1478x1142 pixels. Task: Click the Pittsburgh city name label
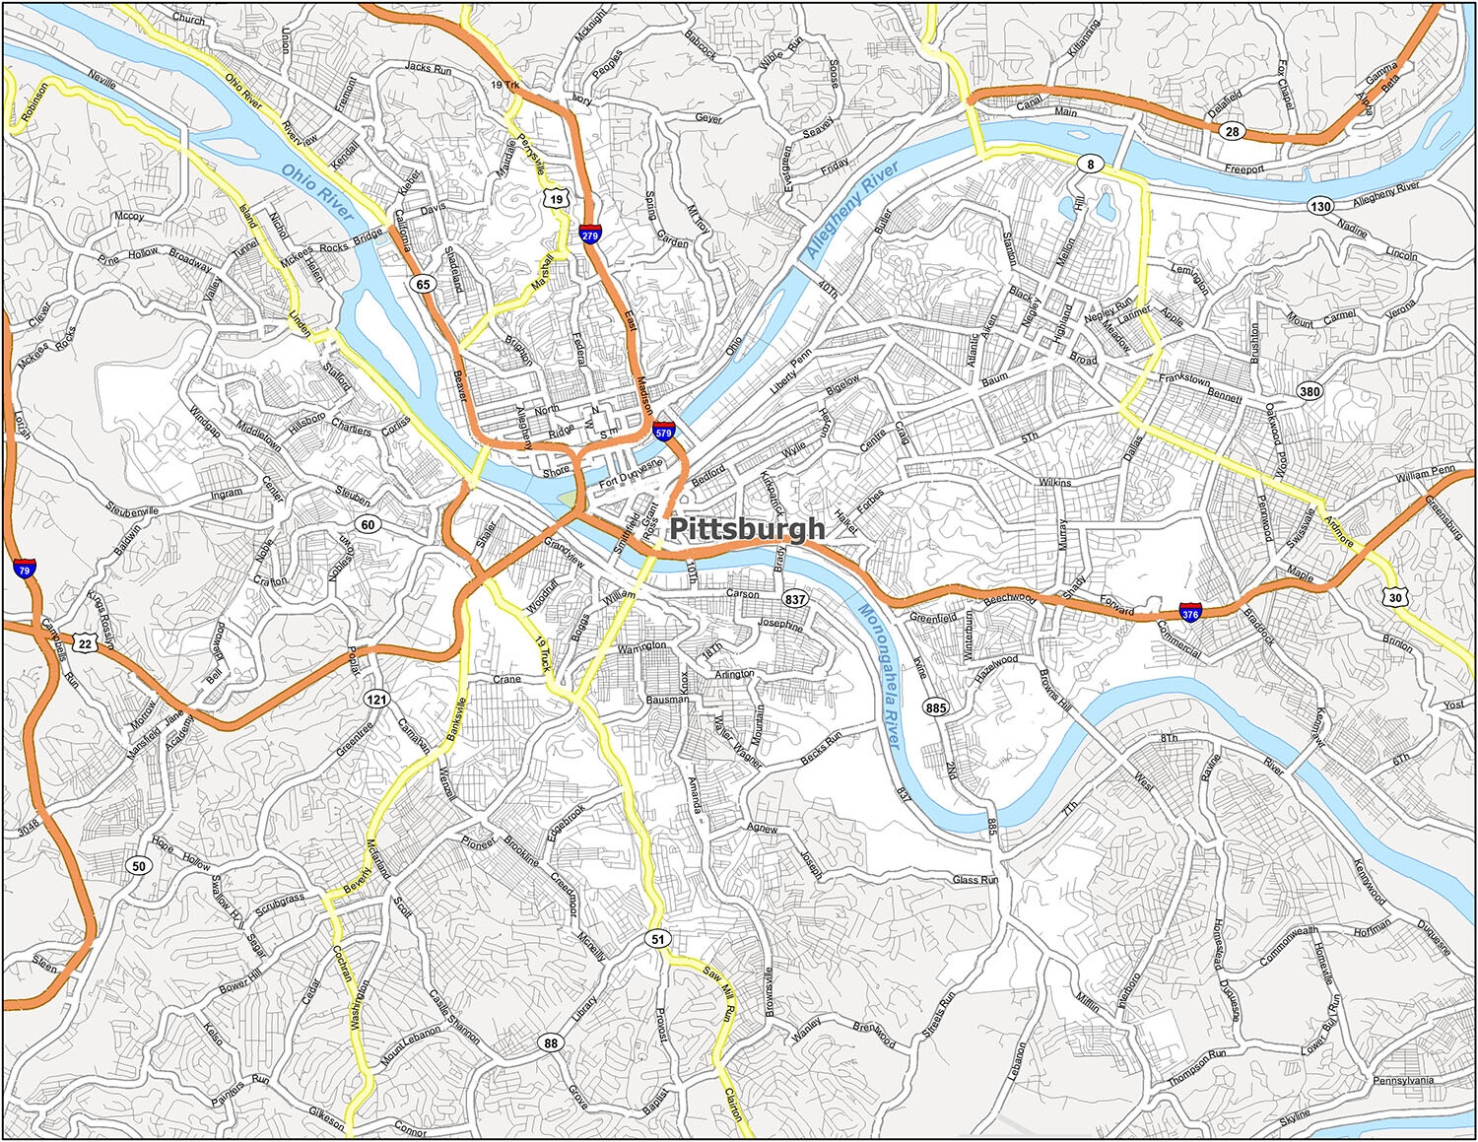tap(747, 529)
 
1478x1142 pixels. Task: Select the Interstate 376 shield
tap(1190, 612)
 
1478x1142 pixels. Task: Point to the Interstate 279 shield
tap(590, 234)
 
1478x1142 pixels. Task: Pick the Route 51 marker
tap(657, 939)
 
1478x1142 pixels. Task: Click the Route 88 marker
tap(550, 1043)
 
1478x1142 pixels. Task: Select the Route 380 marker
tap(1310, 391)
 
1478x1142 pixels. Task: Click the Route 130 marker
tap(1320, 206)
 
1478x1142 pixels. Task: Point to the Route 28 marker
tap(1229, 130)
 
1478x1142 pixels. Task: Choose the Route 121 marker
tap(380, 699)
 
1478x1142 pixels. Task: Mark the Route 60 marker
tap(368, 524)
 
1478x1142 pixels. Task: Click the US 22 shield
tap(86, 643)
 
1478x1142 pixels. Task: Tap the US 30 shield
tap(1394, 597)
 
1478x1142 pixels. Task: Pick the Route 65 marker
tap(423, 285)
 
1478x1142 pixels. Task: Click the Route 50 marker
tap(139, 866)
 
